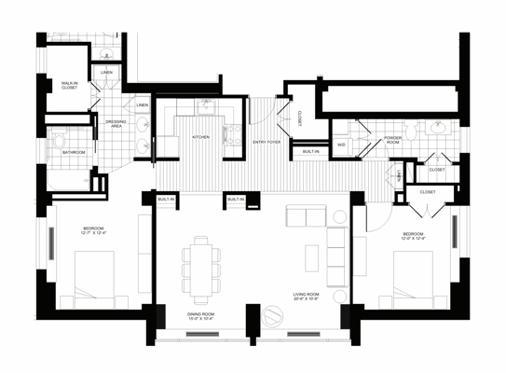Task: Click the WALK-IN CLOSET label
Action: [69, 85]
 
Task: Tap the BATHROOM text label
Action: [74, 152]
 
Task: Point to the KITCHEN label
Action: [200, 137]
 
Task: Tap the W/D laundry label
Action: [341, 145]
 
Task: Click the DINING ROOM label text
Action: [201, 317]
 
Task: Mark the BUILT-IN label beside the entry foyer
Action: [310, 151]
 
